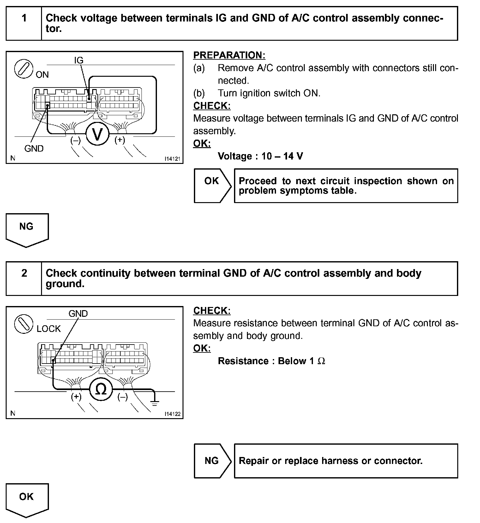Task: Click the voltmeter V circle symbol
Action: [98, 134]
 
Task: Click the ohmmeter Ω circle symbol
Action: [101, 390]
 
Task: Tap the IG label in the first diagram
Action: [79, 60]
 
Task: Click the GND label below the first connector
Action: [34, 148]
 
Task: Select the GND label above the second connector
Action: [78, 314]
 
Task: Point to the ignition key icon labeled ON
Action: [24, 69]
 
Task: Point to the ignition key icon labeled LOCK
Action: [24, 324]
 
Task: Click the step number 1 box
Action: [24, 18]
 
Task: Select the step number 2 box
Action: [24, 273]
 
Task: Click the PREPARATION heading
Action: [229, 55]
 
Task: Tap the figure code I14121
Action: [172, 159]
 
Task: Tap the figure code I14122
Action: [172, 414]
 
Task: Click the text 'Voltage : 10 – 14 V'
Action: [260, 156]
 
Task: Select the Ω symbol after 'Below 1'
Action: [321, 361]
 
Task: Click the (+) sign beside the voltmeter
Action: [120, 140]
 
